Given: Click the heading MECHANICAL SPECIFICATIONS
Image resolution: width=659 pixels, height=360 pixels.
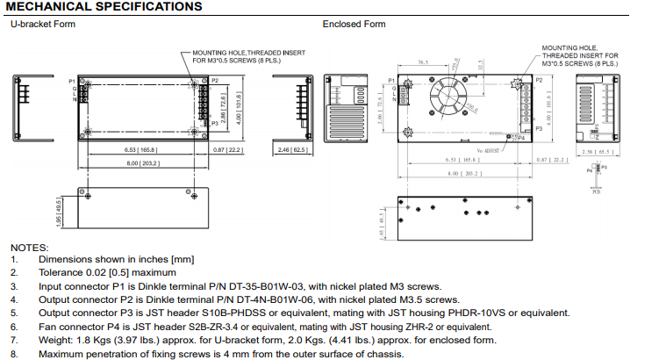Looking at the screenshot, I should pyautogui.click(x=103, y=7).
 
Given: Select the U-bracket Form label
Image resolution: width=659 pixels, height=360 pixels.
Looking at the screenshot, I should pyautogui.click(x=43, y=24).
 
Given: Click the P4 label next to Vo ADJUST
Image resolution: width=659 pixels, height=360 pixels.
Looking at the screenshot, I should pyautogui.click(x=521, y=138).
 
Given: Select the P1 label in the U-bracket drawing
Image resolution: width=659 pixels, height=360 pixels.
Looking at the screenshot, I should pyautogui.click(x=73, y=81).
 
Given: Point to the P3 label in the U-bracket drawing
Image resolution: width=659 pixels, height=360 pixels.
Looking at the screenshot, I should pyautogui.click(x=214, y=124).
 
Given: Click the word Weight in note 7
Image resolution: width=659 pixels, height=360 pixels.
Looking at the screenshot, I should pyautogui.click(x=54, y=340).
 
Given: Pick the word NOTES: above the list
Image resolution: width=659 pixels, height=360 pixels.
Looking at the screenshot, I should pyautogui.click(x=29, y=247).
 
